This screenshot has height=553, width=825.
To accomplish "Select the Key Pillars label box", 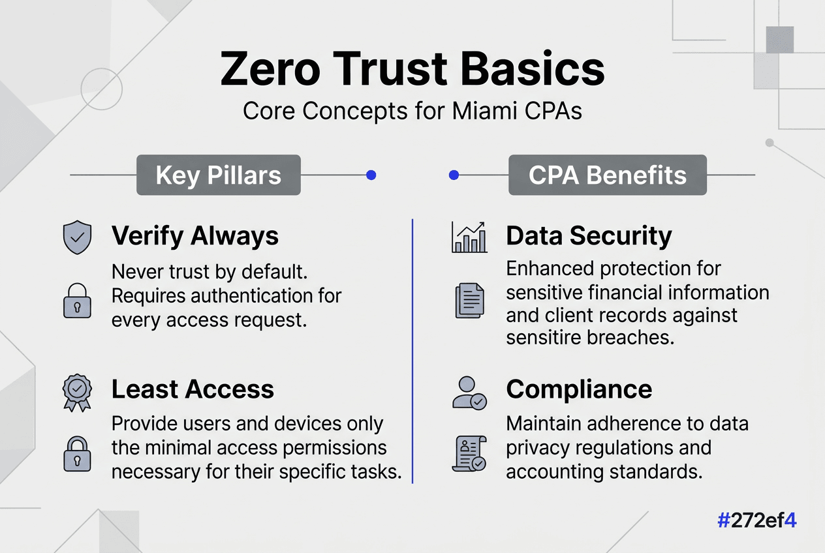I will [x=218, y=175].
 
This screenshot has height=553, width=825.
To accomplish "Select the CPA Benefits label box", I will [x=607, y=175].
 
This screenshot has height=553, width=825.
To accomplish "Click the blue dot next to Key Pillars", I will [x=371, y=175].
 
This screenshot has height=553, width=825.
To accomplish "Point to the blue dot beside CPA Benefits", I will [x=454, y=175].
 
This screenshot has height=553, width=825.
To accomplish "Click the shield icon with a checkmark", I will [x=77, y=237].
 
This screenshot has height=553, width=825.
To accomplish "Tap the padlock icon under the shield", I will [x=77, y=301].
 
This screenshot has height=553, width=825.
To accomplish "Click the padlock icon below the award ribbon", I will [x=77, y=453].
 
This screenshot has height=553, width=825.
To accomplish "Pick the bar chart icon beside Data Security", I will [x=469, y=237].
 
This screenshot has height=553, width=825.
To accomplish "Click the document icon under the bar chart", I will [x=469, y=301].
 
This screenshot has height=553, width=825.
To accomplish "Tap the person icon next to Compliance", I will [x=469, y=392].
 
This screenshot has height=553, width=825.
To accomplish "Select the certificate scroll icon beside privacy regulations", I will [x=469, y=455].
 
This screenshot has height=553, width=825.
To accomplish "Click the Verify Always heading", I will [x=195, y=236].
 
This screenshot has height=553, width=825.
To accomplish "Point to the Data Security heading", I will [x=589, y=236].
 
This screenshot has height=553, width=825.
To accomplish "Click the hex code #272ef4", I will [x=756, y=520].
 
